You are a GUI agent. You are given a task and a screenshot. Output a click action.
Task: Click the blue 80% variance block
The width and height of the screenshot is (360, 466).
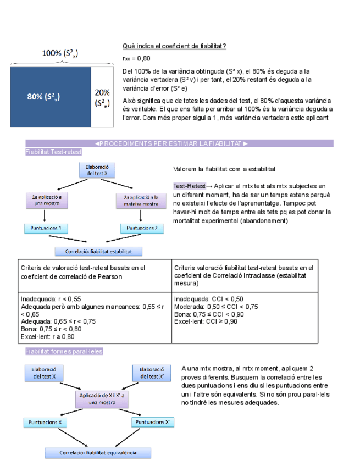point(51,96)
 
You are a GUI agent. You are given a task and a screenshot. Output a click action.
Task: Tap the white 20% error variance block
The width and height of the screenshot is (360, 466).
point(102,97)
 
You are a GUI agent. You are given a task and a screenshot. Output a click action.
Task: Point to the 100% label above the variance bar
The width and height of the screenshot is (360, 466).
point(60,53)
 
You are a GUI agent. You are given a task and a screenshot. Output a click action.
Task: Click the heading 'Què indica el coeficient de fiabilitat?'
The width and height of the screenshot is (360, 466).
point(174,46)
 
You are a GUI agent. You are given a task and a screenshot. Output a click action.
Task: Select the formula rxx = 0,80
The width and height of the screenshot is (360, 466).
point(136,58)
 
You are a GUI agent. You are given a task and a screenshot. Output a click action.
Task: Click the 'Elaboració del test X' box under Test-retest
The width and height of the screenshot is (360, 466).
point(98,170)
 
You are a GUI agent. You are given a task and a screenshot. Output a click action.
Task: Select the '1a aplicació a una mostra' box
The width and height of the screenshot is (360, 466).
point(46,200)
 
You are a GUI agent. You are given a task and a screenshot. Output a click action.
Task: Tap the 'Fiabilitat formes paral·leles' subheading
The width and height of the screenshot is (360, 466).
point(64,351)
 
